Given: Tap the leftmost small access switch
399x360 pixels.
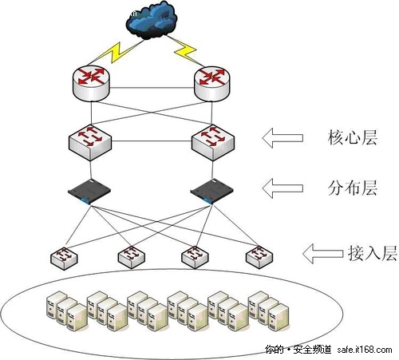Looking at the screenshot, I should click(64, 257).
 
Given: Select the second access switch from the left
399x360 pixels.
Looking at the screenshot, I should click(131, 257).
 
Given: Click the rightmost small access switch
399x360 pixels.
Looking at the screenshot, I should click(258, 256).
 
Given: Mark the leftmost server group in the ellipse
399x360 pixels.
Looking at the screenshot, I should click(63, 308).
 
